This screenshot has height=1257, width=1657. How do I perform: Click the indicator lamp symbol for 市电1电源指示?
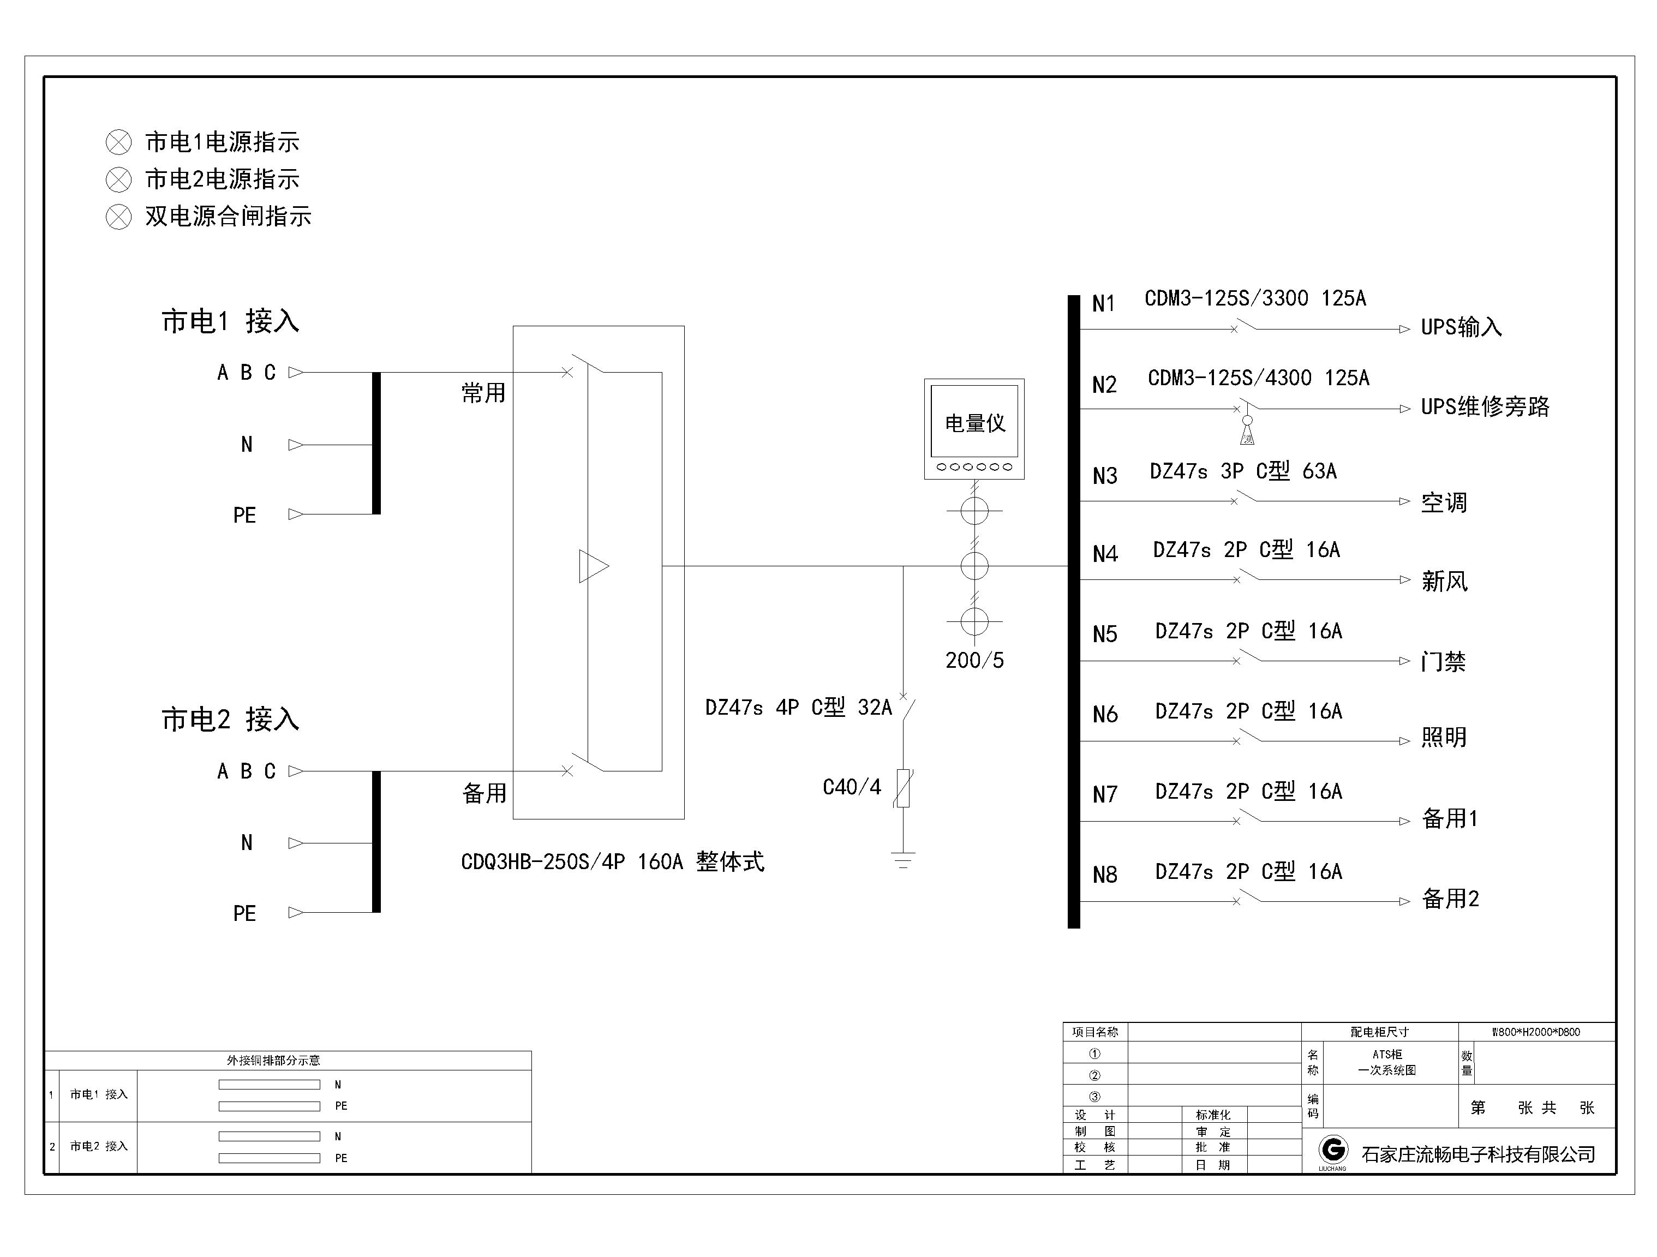(x=118, y=142)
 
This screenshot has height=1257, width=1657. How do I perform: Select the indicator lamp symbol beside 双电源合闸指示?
(x=118, y=217)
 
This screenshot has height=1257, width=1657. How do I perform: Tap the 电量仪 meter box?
(x=974, y=428)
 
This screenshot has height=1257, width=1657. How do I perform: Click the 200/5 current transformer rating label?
(x=974, y=661)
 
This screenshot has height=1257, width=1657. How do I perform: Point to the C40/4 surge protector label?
(x=852, y=787)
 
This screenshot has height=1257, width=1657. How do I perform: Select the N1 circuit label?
(x=1103, y=304)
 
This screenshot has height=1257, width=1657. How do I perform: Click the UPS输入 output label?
(x=1461, y=327)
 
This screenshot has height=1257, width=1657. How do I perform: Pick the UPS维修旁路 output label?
(x=1485, y=407)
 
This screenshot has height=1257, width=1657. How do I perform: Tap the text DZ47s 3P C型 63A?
(x=1243, y=471)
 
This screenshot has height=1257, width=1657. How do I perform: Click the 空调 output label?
(x=1444, y=502)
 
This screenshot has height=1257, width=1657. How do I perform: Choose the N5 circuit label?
(x=1105, y=635)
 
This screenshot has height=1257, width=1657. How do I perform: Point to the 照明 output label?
(x=1444, y=738)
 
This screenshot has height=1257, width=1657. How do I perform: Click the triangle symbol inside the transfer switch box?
(x=593, y=566)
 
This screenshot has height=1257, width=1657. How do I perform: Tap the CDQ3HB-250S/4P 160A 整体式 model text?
(x=612, y=862)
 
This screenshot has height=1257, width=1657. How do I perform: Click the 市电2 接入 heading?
(x=230, y=720)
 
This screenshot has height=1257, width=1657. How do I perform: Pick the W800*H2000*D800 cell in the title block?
(x=1536, y=1032)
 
